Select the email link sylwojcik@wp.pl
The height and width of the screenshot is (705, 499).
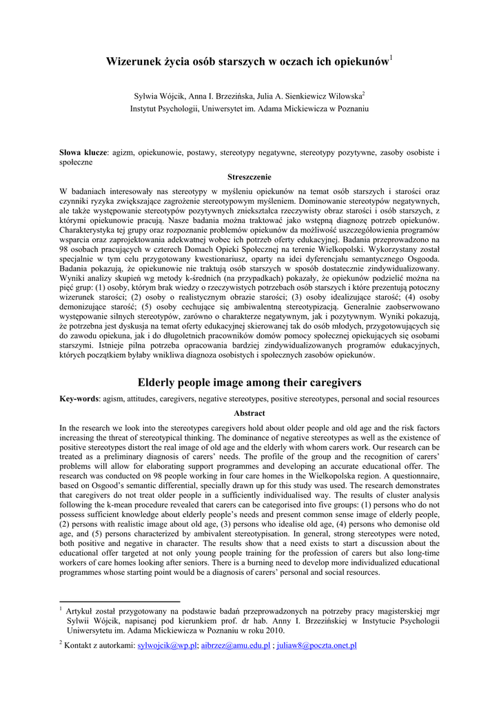pos(168,645)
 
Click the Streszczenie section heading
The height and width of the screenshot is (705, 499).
pos(250,177)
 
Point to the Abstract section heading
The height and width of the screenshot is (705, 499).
pos(250,413)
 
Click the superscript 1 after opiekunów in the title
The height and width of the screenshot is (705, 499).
pos(391,58)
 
